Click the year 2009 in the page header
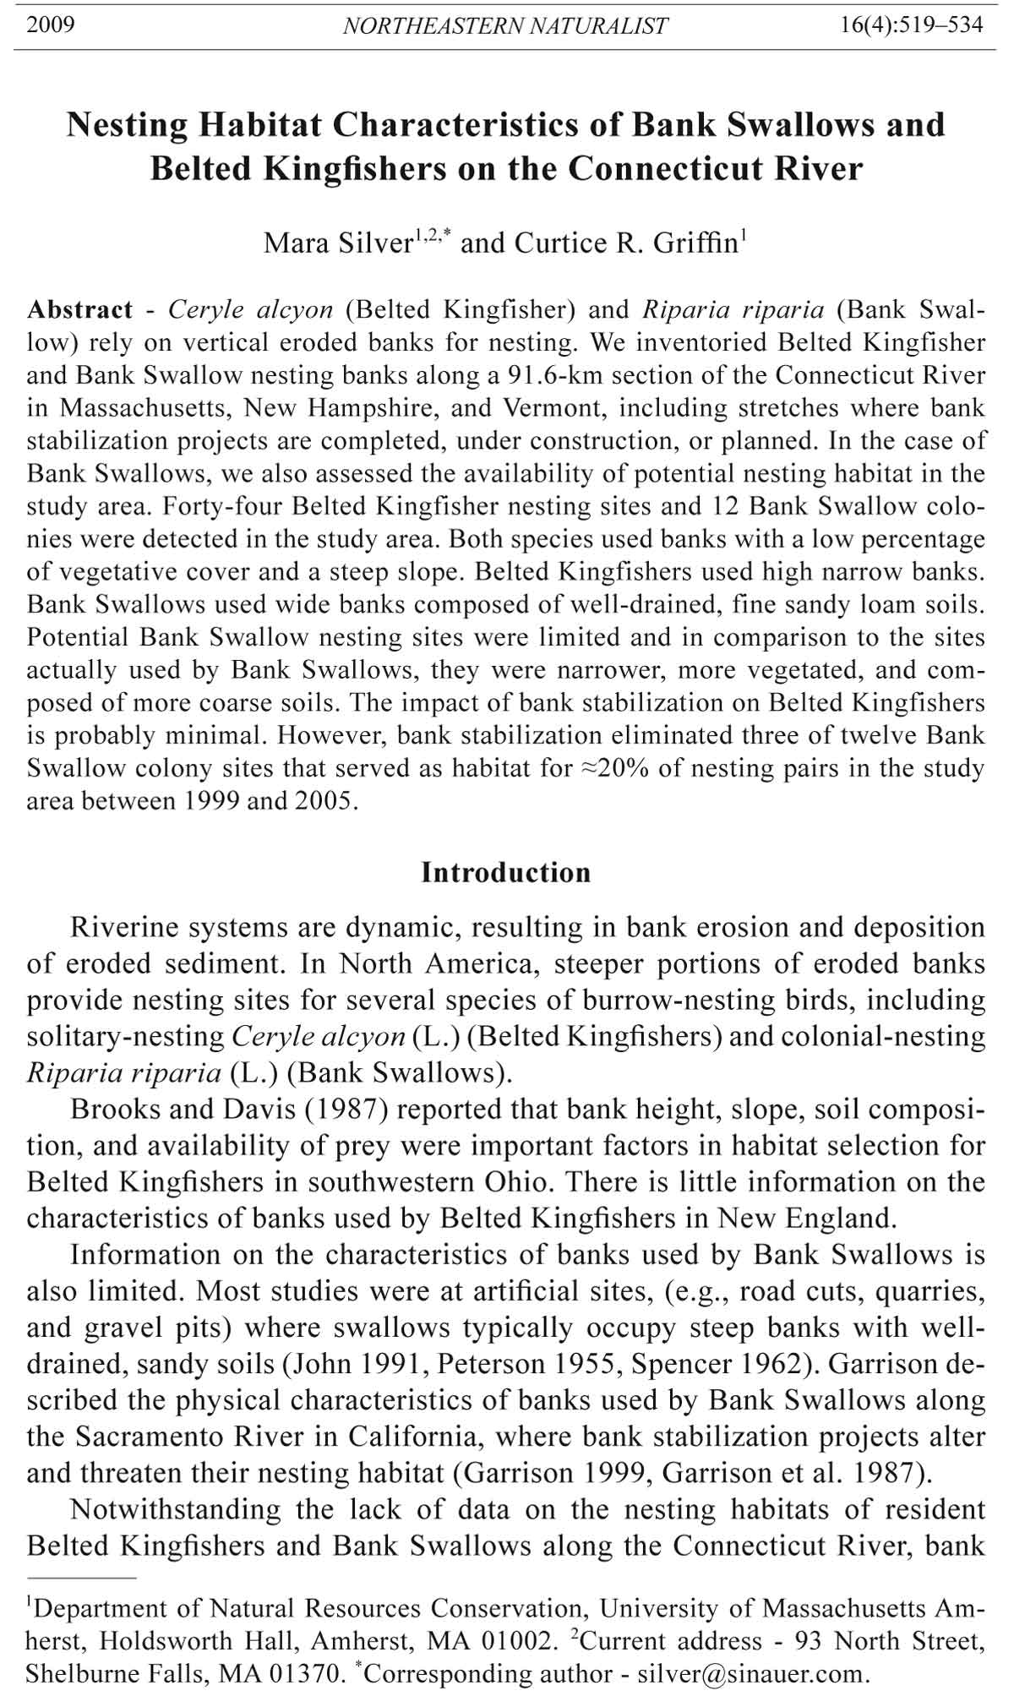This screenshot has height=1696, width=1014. point(51,25)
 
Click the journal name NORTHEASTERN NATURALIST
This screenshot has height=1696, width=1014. point(505,26)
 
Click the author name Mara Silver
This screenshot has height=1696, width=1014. point(337,243)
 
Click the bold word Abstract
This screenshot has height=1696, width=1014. point(79,310)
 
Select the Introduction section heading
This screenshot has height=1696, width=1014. point(506,872)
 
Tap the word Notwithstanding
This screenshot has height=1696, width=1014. point(177,1509)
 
